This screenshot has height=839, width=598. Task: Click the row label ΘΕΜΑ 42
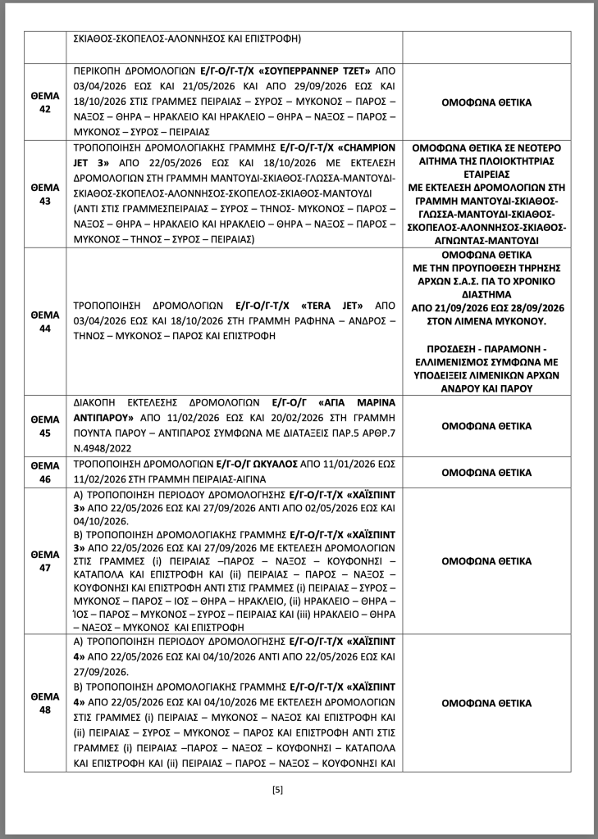pyautogui.click(x=45, y=103)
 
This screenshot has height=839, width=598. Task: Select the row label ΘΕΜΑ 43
pyautogui.click(x=45, y=193)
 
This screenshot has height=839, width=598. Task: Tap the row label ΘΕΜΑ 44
pyautogui.click(x=45, y=321)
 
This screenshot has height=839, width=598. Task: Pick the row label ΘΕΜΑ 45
pyautogui.click(x=45, y=426)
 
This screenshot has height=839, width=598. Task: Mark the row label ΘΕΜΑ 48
pyautogui.click(x=45, y=703)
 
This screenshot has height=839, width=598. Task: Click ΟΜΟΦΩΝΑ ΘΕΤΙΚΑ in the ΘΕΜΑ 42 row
pyautogui.click(x=486, y=103)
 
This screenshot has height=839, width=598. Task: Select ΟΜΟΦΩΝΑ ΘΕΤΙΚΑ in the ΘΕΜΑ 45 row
pyautogui.click(x=486, y=426)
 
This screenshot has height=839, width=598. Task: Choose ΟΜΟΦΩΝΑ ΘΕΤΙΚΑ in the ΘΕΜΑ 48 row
pyautogui.click(x=486, y=703)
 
